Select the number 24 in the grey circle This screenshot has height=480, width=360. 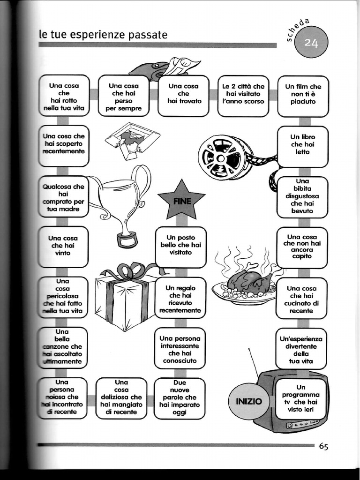click(311, 43)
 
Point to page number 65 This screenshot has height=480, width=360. click(323, 446)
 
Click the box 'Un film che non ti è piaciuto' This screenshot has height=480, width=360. click(303, 96)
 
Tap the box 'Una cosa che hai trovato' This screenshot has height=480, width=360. click(183, 96)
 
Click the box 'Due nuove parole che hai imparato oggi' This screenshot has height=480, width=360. click(180, 398)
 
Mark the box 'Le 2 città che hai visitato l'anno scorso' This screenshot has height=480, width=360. click(243, 96)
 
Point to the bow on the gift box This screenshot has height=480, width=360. click(125, 271)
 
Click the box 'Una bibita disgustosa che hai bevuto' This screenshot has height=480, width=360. click(302, 197)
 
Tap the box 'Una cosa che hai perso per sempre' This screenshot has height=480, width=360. click(123, 96)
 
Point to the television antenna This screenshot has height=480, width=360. click(254, 361)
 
